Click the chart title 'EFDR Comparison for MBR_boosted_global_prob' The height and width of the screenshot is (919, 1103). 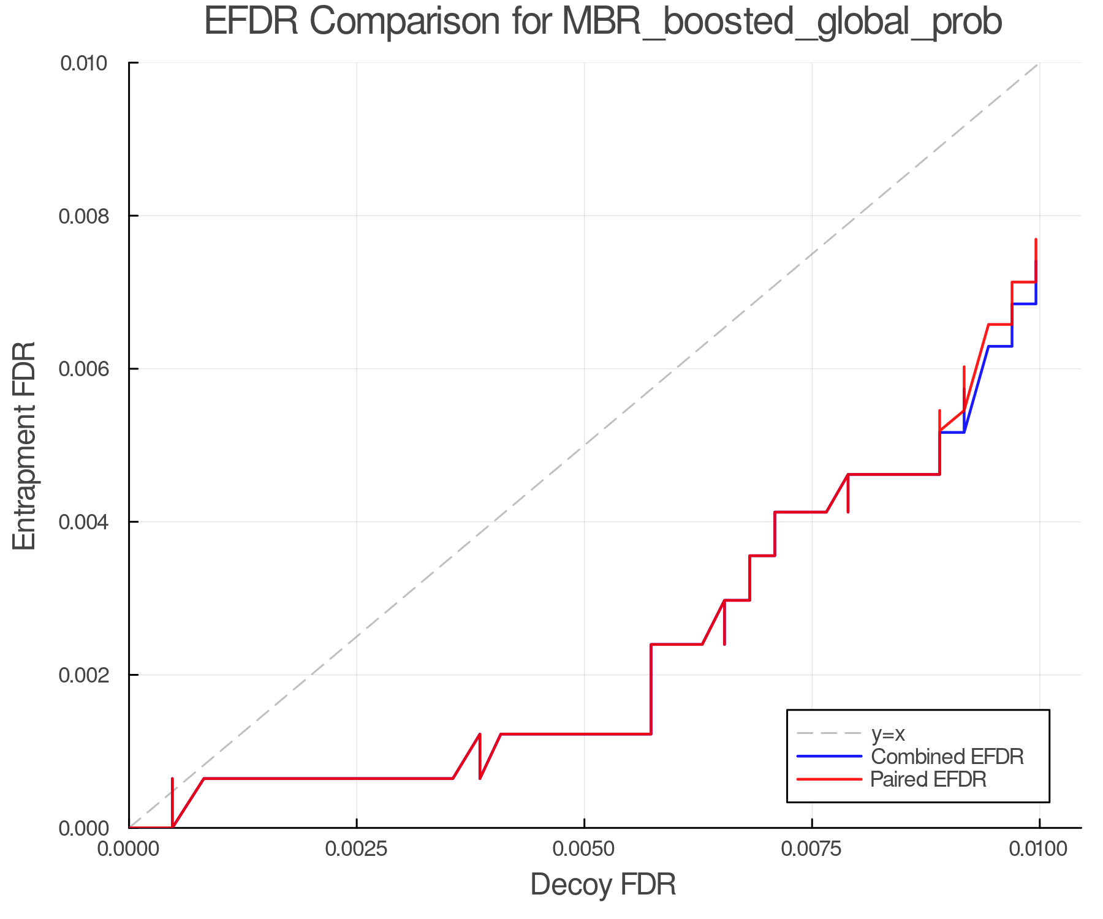click(603, 22)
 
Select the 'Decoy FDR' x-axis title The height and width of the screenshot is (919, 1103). click(603, 885)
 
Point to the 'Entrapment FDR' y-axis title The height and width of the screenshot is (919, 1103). click(25, 445)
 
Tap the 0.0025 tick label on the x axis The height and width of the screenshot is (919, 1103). click(356, 849)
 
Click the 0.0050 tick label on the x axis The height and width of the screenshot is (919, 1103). click(584, 849)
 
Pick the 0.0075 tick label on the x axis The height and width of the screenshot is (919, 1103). click(811, 849)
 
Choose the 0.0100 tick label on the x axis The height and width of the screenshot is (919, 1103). click(1039, 849)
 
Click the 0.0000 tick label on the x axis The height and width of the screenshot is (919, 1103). click(129, 849)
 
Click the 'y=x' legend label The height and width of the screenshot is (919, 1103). click(888, 733)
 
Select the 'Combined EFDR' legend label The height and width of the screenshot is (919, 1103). click(947, 757)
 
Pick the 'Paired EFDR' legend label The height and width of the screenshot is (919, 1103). click(928, 779)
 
